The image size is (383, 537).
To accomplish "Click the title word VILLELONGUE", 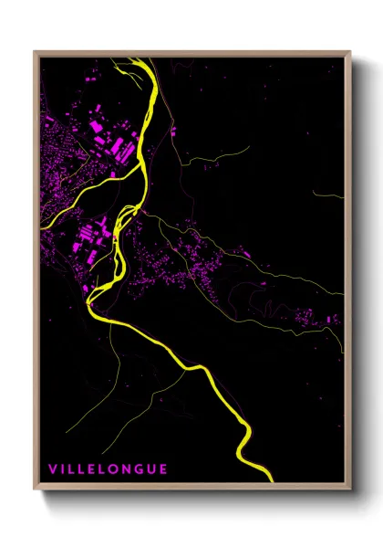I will pyautogui.click(x=108, y=469).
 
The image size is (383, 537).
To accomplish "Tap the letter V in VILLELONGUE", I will pyautogui.click(x=52, y=469).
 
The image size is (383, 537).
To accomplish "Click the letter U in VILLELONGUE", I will pyautogui.click(x=150, y=469).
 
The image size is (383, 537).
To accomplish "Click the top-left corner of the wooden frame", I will pyautogui.click(x=35, y=52).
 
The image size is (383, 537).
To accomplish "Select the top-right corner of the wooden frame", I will pyautogui.click(x=350, y=52).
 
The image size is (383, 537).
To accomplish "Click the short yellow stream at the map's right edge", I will pyautogui.click(x=328, y=195).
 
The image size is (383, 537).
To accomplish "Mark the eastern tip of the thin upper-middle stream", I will pyautogui.click(x=248, y=146).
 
